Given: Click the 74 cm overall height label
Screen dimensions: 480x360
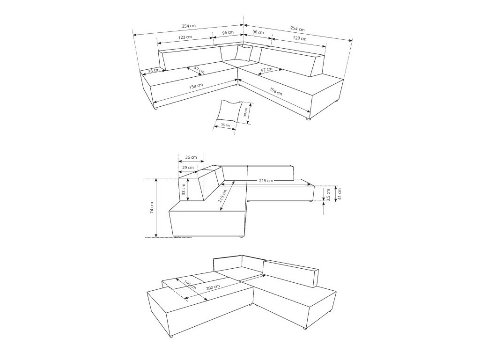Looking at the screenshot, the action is coord(152,208).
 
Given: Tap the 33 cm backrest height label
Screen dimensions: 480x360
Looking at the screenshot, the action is coord(184,189).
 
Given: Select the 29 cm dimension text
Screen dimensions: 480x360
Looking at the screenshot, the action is coord(188,168).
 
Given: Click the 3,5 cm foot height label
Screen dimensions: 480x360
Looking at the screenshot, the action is coord(328,195).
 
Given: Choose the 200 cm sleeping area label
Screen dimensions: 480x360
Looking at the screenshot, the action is coord(213,287).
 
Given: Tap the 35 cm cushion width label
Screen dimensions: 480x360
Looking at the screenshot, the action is coord(225,125).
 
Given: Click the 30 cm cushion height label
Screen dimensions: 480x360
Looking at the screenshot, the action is coord(245,112).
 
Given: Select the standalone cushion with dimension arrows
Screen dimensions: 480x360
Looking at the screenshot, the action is coord(229,110).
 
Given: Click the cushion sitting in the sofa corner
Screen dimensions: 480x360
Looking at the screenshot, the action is coord(244,53).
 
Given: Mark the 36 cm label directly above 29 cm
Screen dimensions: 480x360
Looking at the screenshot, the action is coord(192,157).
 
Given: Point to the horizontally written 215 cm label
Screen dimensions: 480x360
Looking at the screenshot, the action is coord(266,181).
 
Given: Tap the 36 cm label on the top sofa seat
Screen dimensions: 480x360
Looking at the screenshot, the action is coord(154,70).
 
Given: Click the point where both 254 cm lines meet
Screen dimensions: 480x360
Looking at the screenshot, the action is coord(244,25).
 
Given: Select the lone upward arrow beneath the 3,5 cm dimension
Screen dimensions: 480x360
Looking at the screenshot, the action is coord(324,208).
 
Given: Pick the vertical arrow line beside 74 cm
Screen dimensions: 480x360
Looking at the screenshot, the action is coord(156,208).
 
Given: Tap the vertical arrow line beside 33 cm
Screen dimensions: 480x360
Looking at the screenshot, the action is coord(188,190).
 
